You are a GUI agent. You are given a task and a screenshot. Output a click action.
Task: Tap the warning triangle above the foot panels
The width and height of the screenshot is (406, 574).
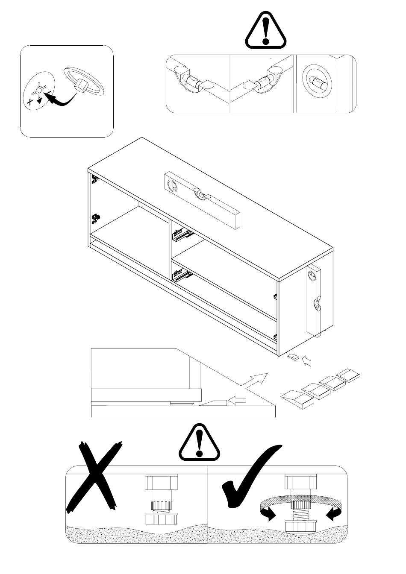tap(200, 443)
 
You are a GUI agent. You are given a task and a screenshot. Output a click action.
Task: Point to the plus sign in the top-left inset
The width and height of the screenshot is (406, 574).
tap(30, 101)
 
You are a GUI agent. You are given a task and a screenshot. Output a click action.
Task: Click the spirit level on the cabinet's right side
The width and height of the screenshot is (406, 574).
tap(315, 299)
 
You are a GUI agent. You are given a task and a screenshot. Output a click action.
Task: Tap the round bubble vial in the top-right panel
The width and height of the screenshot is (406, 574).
tap(315, 80)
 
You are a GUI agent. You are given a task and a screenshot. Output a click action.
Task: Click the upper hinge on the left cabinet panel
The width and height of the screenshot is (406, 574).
tap(95, 179)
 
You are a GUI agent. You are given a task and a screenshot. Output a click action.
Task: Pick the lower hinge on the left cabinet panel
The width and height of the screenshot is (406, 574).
tap(96, 219)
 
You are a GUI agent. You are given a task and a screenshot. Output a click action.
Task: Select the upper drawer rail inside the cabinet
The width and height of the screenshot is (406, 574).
tap(181, 234)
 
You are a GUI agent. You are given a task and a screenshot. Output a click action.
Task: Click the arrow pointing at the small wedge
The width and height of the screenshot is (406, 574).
tap(307, 361)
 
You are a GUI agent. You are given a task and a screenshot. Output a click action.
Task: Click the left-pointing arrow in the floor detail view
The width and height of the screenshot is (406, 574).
tap(238, 400)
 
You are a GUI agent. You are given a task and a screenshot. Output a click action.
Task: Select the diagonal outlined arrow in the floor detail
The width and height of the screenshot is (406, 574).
tap(257, 379)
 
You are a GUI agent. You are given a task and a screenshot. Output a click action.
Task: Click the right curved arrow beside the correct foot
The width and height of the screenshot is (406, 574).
tap(334, 514)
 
